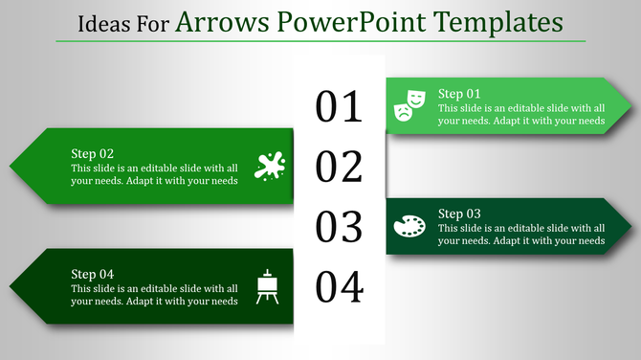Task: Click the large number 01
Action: (x=340, y=107)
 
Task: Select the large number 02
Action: (x=340, y=168)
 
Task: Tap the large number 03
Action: (x=340, y=228)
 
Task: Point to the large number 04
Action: (x=340, y=287)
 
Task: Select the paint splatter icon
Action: (x=270, y=166)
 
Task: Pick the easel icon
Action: (x=268, y=286)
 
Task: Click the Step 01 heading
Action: (x=459, y=94)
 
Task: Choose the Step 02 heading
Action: (x=93, y=153)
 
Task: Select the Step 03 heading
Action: (x=459, y=214)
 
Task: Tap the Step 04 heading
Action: (x=93, y=274)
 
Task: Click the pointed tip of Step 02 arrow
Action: (x=11, y=166)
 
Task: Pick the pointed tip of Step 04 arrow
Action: (x=11, y=286)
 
